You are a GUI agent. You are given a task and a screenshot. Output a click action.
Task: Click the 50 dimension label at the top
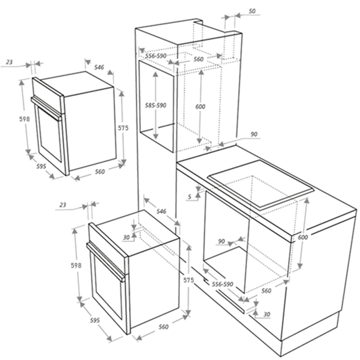point(252,11)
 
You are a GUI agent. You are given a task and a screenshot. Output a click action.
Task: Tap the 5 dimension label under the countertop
point(190,197)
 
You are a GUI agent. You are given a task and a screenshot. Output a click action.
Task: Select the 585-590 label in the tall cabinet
point(156,106)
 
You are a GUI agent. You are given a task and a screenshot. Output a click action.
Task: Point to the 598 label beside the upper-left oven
point(24,119)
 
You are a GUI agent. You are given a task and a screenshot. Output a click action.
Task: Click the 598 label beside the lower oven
point(76,265)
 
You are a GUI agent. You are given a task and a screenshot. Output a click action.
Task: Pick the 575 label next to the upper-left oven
point(123,128)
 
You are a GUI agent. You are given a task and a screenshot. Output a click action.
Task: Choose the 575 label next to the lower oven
point(188,280)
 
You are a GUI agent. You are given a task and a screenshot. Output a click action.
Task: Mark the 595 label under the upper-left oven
point(41,166)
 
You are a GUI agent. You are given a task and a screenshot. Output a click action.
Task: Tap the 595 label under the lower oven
point(95,320)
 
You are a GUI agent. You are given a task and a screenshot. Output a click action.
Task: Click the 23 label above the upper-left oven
point(9,62)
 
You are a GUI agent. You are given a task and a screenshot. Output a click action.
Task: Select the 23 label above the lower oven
point(63,205)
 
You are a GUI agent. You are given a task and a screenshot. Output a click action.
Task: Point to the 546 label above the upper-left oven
point(99,67)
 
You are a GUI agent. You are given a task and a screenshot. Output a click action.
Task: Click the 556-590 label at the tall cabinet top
point(156,56)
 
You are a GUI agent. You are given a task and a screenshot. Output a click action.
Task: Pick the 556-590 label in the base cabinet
point(222,284)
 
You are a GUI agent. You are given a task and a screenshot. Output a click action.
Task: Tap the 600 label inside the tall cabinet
point(200,106)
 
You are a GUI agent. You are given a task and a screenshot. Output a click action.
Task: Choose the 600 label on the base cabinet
point(303,238)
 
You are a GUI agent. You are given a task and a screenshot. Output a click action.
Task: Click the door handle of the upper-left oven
point(46,108)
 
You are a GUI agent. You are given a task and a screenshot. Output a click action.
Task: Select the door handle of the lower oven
point(106,261)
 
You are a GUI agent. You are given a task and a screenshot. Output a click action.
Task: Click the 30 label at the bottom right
point(267,314)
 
